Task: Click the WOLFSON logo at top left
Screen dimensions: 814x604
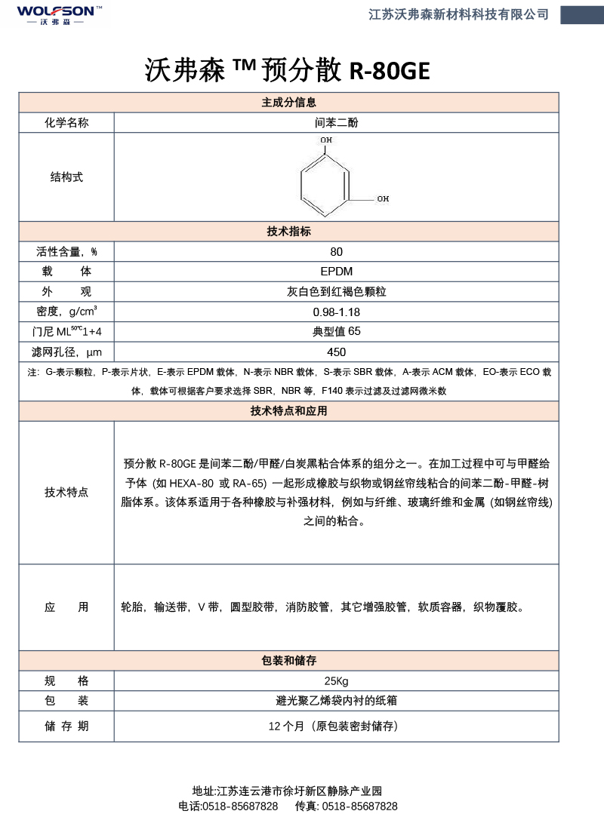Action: point(54,14)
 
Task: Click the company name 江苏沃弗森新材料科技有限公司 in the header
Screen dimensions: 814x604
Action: point(458,14)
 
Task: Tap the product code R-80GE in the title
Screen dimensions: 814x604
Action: point(390,71)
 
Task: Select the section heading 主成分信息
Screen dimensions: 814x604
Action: point(288,103)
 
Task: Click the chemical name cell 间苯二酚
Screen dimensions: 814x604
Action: point(336,122)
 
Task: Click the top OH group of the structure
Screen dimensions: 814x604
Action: point(325,140)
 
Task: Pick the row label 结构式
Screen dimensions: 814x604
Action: point(66,177)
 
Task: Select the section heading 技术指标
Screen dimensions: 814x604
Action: point(288,232)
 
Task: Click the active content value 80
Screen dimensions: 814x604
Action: point(336,252)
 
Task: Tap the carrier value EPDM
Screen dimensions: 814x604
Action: point(336,272)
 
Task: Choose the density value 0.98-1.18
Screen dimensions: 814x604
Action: point(336,312)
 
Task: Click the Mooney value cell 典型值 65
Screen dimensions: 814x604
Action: point(336,331)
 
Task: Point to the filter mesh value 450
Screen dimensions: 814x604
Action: point(336,352)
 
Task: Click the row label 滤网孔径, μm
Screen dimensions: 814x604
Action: point(66,352)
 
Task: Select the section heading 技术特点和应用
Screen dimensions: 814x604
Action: point(288,411)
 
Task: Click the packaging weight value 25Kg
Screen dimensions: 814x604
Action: point(336,680)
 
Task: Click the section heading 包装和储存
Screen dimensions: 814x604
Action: point(288,660)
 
